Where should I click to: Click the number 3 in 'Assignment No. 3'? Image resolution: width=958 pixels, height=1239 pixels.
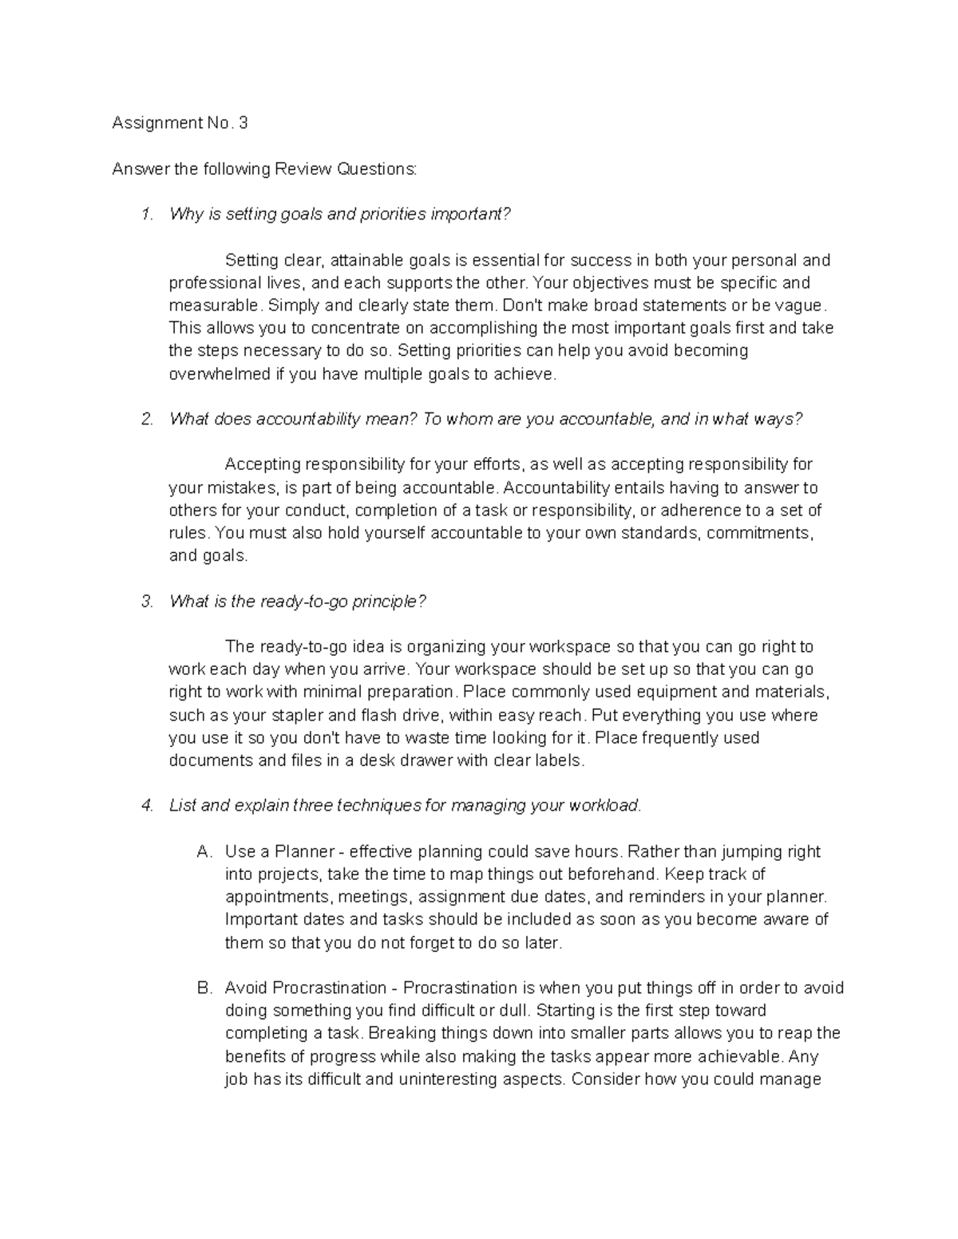[x=243, y=123]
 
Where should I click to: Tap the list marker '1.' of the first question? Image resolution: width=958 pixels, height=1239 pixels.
[x=146, y=215]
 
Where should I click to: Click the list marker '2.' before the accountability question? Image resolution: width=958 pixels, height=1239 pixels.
[x=146, y=420]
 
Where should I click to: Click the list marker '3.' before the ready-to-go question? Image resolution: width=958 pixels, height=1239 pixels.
[x=146, y=602]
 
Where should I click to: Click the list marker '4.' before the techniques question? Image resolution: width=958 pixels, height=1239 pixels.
[x=146, y=806]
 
